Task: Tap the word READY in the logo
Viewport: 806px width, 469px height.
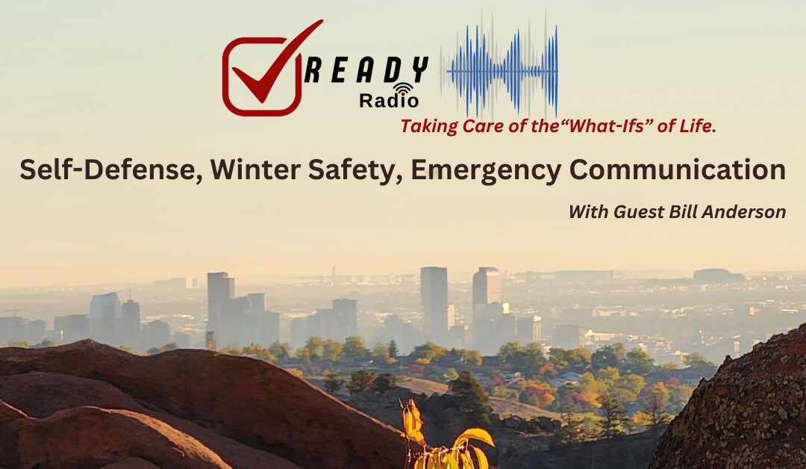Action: point(366,71)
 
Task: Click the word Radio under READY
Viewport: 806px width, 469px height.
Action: point(389,100)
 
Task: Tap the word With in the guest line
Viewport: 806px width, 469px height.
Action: point(588,211)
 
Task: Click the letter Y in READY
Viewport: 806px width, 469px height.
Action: point(419,71)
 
